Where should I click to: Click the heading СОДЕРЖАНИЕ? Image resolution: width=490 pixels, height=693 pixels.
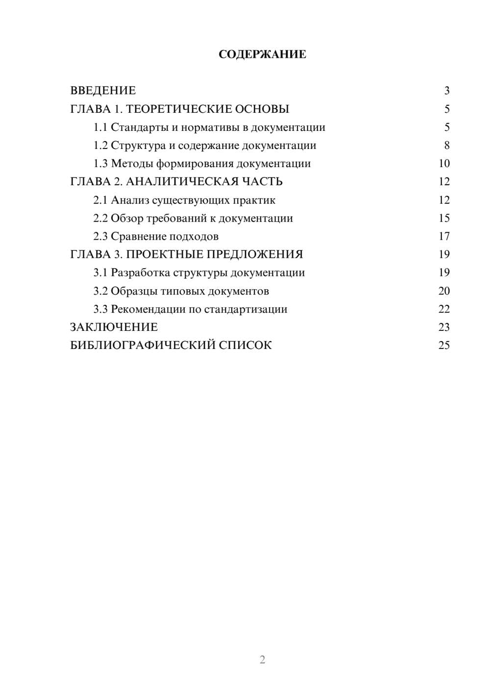pyautogui.click(x=262, y=54)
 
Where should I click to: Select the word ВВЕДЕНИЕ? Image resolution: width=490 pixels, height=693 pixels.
pyautogui.click(x=103, y=91)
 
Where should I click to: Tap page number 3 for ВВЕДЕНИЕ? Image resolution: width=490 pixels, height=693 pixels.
pyautogui.click(x=446, y=91)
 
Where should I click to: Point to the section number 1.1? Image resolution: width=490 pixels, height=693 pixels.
pyautogui.click(x=100, y=127)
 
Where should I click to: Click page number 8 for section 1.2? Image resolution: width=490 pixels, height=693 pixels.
pyautogui.click(x=446, y=146)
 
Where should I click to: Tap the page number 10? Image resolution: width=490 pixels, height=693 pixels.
pyautogui.click(x=444, y=164)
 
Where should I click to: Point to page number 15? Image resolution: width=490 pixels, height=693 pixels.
pyautogui.click(x=444, y=218)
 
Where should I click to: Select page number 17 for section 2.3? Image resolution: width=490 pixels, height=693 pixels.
pyautogui.click(x=444, y=236)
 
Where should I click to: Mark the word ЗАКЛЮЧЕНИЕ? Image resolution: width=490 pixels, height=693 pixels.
pyautogui.click(x=114, y=327)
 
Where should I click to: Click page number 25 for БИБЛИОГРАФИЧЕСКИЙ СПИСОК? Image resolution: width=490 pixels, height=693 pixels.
pyautogui.click(x=444, y=346)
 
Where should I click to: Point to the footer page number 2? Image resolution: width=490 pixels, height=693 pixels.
pyautogui.click(x=262, y=660)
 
